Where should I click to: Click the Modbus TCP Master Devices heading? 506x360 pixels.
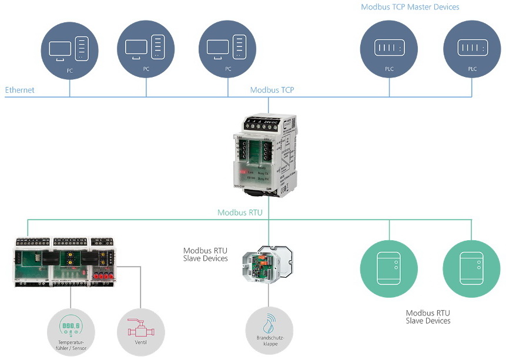tap(410, 7)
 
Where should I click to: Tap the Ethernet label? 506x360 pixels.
tap(20, 90)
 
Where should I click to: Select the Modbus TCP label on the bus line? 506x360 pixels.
tap(272, 90)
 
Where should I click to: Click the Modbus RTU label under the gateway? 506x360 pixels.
tap(240, 213)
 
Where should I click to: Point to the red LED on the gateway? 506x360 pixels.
tap(242, 172)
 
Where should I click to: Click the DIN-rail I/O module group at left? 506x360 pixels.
tap(64, 260)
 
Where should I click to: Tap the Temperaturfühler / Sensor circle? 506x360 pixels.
tap(71, 332)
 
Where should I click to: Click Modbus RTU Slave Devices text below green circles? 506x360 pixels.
tap(428, 317)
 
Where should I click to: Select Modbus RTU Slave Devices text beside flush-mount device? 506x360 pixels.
tap(205, 255)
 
